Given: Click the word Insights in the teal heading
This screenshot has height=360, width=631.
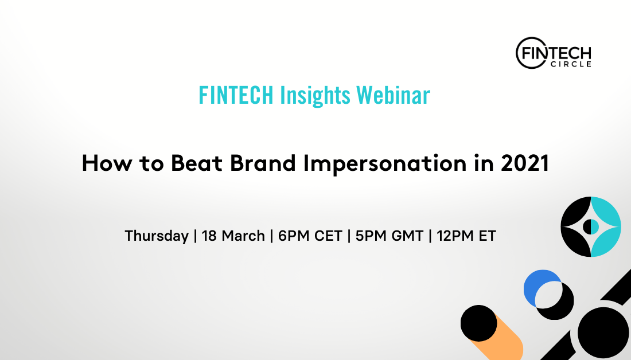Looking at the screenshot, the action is click(x=315, y=95).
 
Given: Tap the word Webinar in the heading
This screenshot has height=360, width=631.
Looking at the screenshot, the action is click(x=393, y=95).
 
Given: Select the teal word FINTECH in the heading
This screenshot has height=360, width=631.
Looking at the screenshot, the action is click(x=236, y=95).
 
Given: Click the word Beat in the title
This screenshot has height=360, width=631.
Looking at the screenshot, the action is click(x=196, y=163).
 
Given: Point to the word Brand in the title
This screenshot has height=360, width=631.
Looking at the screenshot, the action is click(x=263, y=163).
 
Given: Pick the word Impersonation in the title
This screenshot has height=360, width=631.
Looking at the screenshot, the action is click(x=385, y=164).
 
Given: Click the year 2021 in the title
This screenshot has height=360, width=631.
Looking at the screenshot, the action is click(x=525, y=163).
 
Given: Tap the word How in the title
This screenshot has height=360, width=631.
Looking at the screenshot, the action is click(x=107, y=163).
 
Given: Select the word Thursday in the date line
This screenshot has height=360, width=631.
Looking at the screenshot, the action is click(x=157, y=236).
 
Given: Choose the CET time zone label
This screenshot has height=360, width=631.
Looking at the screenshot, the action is click(x=328, y=236).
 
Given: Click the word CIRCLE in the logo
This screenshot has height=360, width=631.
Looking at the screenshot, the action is click(x=571, y=64).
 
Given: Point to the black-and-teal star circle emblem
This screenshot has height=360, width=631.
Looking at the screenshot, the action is click(x=591, y=227).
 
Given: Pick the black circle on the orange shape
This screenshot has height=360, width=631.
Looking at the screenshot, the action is click(x=479, y=323).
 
